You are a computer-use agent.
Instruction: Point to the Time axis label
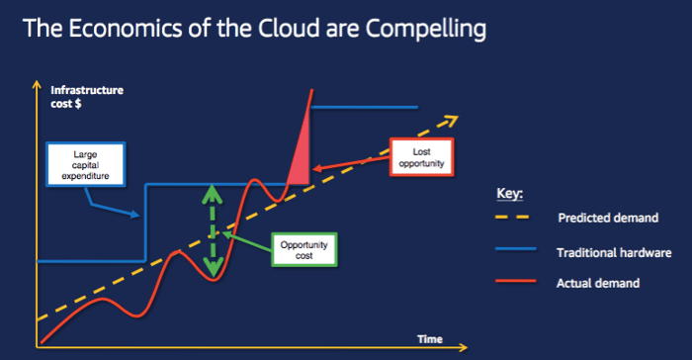pyautogui.click(x=430, y=339)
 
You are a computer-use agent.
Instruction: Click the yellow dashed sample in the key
pyautogui.click(x=516, y=218)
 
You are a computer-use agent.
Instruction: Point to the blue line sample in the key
pyautogui.click(x=516, y=251)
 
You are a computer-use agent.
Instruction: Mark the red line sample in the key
pyautogui.click(x=516, y=283)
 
